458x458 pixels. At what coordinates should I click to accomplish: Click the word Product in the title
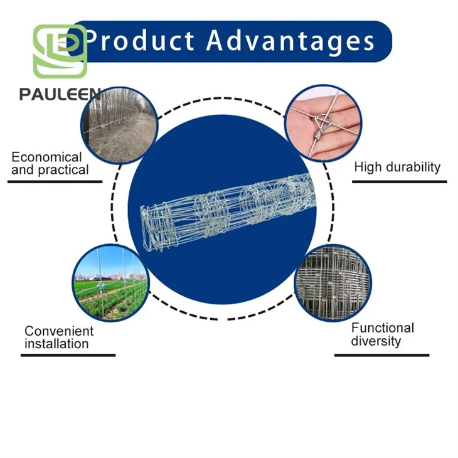[x=140, y=40]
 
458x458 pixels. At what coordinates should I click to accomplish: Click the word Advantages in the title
[x=290, y=41]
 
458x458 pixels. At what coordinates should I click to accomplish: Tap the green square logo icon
[x=60, y=51]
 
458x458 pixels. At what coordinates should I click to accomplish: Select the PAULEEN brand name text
[x=60, y=94]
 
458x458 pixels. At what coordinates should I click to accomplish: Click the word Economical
[x=46, y=157]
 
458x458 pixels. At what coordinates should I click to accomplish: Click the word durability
[x=413, y=167]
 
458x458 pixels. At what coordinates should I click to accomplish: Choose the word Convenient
[x=59, y=331]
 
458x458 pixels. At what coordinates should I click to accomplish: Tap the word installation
[x=56, y=344]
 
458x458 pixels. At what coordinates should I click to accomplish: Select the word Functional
[x=383, y=328]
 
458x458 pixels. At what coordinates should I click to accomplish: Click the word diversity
[x=376, y=341]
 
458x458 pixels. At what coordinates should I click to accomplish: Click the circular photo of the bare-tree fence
[x=119, y=125]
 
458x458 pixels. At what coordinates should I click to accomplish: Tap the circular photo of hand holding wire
[x=323, y=123]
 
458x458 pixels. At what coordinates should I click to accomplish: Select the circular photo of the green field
[x=110, y=283]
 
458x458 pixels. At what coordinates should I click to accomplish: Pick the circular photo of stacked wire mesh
[x=333, y=283]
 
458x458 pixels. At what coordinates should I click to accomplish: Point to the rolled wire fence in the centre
[x=228, y=212]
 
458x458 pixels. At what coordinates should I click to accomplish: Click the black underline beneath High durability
[x=400, y=182]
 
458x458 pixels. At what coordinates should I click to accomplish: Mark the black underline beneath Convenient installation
[x=68, y=355]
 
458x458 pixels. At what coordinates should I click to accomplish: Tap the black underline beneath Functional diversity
[x=381, y=355]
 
